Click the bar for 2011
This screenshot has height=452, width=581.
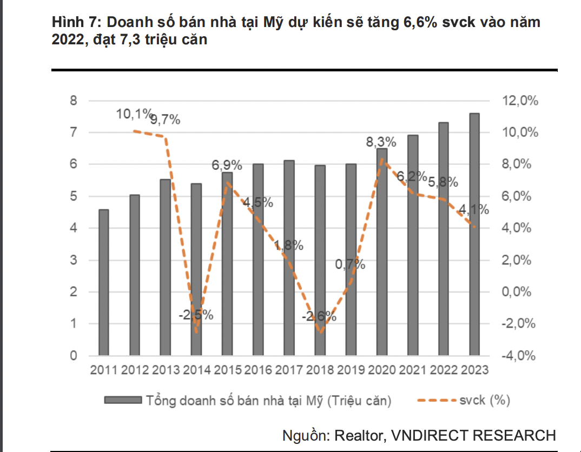pyautogui.click(x=104, y=282)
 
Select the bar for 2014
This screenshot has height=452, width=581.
pyautogui.click(x=196, y=269)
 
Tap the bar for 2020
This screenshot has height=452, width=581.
pyautogui.click(x=381, y=252)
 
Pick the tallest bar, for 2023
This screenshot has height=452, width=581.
pyautogui.click(x=474, y=234)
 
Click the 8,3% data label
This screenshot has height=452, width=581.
pyautogui.click(x=381, y=143)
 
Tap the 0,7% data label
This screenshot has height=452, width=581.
pyautogui.click(x=350, y=265)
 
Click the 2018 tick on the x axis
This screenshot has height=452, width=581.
pyautogui.click(x=319, y=370)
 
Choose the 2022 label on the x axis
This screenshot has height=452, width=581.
pyautogui.click(x=443, y=370)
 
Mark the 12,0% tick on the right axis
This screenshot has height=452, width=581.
pyautogui.click(x=520, y=101)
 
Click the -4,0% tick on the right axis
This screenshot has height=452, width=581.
pyautogui.click(x=520, y=356)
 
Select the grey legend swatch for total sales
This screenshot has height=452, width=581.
pyautogui.click(x=123, y=401)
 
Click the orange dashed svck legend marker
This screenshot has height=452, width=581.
pyautogui.click(x=436, y=401)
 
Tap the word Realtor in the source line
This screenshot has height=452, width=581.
pyautogui.click(x=358, y=436)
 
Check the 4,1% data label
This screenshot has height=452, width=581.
pyautogui.click(x=474, y=210)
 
